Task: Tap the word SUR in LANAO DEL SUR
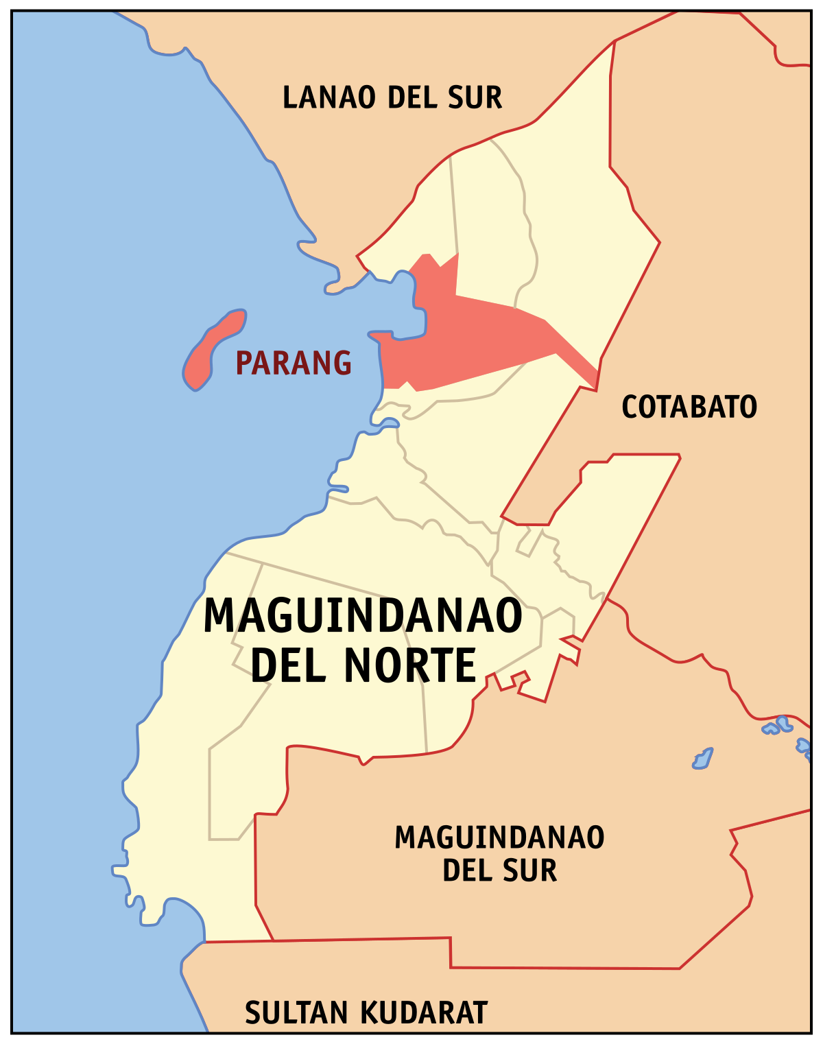(475, 97)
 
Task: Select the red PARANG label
(294, 363)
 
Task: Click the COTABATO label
(689, 407)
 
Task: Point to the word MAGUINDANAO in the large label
(363, 616)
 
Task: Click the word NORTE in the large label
(409, 665)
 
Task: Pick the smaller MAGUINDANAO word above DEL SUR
(499, 838)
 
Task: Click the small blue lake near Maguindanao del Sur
(702, 759)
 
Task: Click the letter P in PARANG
(243, 363)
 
